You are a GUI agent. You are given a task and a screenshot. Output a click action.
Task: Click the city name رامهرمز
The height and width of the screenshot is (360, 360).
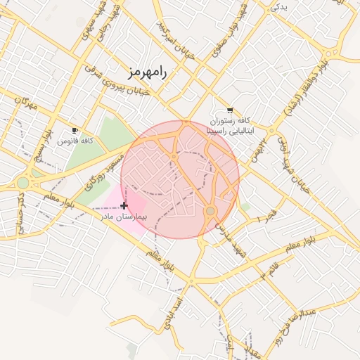[148, 72]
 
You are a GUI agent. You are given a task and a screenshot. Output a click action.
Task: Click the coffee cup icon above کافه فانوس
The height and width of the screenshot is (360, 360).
[75, 131]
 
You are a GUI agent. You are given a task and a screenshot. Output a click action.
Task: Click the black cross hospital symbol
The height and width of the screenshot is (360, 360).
[124, 205]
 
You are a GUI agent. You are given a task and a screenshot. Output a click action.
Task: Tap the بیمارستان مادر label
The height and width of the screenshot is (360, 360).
[122, 217]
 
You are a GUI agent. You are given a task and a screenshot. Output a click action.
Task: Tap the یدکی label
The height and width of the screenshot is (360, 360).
[280, 6]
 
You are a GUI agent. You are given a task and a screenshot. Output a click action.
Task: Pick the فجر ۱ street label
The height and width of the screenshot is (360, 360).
[269, 217]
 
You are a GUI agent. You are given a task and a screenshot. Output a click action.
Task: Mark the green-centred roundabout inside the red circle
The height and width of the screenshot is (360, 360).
[210, 211]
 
